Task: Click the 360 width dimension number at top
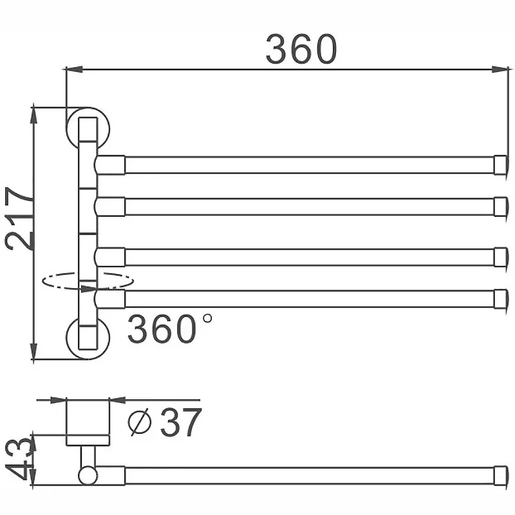pyautogui.click(x=301, y=50)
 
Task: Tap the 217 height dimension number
pyautogui.click(x=19, y=218)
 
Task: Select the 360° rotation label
pyautogui.click(x=169, y=328)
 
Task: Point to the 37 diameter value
pyautogui.click(x=180, y=422)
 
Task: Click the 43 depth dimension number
pyautogui.click(x=20, y=458)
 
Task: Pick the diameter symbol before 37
pyautogui.click(x=140, y=422)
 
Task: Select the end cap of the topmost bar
pyautogui.click(x=500, y=165)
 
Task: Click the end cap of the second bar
pyautogui.click(x=500, y=207)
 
